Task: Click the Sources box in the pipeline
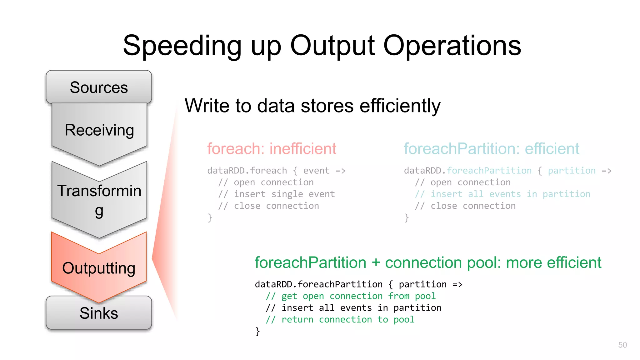pos(99,87)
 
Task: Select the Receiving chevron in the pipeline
pos(99,130)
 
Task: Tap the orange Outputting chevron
pos(99,268)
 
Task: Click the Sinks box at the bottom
pos(99,313)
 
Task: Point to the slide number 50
pos(622,345)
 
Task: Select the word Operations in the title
pos(452,46)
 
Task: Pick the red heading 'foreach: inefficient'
pos(272,148)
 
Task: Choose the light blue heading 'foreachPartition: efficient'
pos(491,148)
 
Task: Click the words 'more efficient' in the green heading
pos(553,262)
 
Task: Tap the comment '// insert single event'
pos(276,194)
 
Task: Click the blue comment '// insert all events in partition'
pos(502,194)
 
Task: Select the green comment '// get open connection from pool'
pos(350,296)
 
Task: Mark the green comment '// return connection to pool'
pos(340,319)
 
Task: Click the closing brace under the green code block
pos(257,331)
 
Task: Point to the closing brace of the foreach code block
pos(210,217)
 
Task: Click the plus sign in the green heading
pos(376,263)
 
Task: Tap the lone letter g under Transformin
pos(99,212)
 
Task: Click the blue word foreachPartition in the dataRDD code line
pos(489,171)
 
